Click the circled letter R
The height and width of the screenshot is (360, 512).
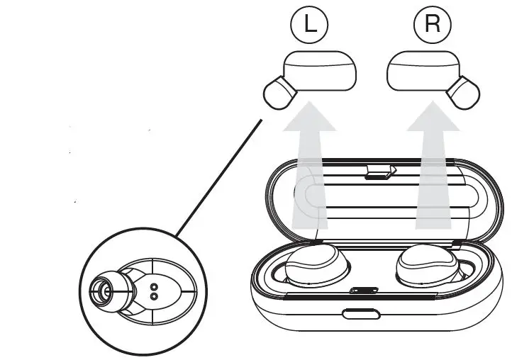(431, 25)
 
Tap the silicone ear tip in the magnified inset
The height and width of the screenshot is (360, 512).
(106, 290)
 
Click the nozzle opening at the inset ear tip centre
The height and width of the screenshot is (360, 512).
(102, 290)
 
